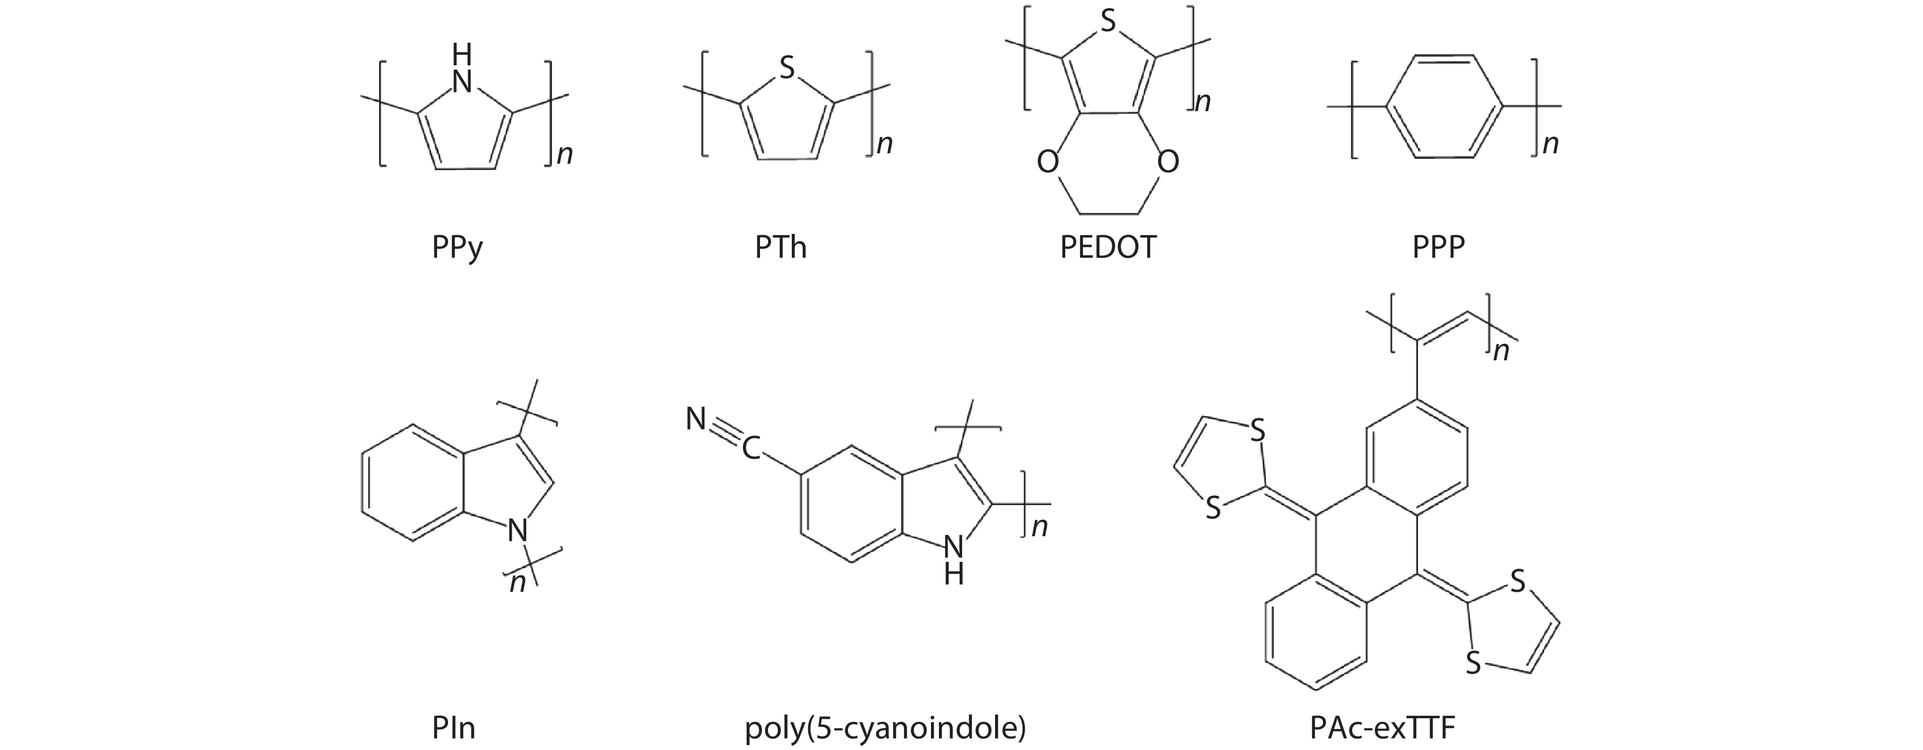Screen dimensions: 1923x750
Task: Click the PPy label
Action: [457, 248]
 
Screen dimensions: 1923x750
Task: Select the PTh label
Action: [780, 247]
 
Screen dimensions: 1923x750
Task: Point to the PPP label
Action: [1438, 247]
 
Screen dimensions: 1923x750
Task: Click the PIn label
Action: [453, 727]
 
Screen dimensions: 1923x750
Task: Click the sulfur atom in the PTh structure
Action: [786, 70]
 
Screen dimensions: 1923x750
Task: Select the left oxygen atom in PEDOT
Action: [1048, 161]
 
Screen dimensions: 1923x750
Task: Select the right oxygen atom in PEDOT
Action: [1167, 161]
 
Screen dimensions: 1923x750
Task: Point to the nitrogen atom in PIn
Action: [517, 531]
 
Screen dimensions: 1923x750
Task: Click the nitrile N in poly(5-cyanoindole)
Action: [696, 420]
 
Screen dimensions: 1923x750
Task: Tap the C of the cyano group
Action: [750, 448]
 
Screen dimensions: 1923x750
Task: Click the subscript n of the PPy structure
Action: [565, 154]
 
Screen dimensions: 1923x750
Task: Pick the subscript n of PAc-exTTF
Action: [1501, 351]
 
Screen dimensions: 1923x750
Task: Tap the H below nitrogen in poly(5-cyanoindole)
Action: [954, 573]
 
